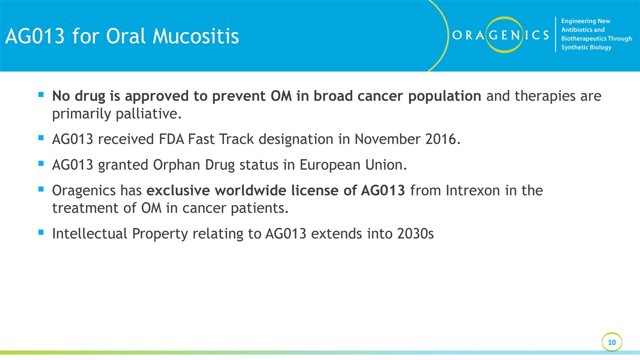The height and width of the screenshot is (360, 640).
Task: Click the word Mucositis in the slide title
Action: (195, 36)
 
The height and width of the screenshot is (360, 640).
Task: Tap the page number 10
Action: (611, 342)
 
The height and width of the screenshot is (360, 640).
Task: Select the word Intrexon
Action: (472, 190)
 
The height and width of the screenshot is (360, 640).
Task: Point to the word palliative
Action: (148, 113)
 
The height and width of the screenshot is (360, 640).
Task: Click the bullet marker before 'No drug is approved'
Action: (41, 94)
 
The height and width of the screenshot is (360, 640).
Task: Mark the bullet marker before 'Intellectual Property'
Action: (41, 232)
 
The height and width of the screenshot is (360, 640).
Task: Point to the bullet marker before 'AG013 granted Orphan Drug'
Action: (41, 163)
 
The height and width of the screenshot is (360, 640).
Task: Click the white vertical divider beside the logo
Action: (555, 34)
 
